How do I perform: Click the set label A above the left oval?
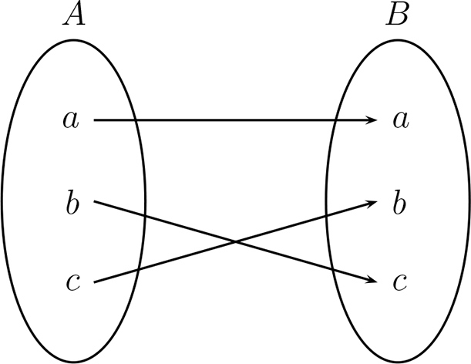pyautogui.click(x=74, y=15)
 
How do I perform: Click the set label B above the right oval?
pyautogui.click(x=398, y=15)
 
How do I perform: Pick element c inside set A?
pyautogui.click(x=72, y=283)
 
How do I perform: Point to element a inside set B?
pyautogui.click(x=399, y=120)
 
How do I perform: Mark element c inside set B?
pyautogui.click(x=399, y=283)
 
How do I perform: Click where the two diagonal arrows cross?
pyautogui.click(x=235, y=242)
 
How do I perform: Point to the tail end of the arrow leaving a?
pyautogui.click(x=94, y=120)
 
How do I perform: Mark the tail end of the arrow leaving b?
pyautogui.click(x=94, y=202)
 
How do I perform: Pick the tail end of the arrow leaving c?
pyautogui.click(x=94, y=282)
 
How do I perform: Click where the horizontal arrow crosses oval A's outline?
pyautogui.click(x=135, y=120)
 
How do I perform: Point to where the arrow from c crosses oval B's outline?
pyautogui.click(x=328, y=216)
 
